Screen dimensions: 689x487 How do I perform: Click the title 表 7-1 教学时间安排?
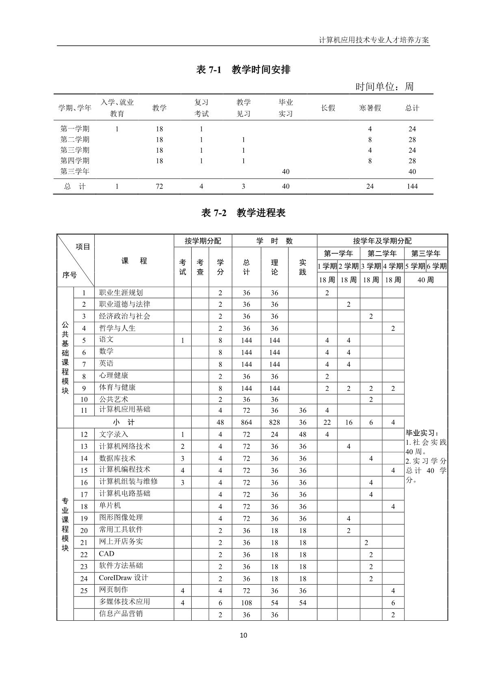243,70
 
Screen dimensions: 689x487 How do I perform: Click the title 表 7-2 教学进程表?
243,213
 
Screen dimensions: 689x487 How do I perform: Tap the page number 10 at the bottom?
243,635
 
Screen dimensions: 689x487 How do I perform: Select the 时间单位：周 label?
384,87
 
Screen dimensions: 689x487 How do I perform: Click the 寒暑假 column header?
370,108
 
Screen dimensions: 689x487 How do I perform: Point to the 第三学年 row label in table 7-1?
75,171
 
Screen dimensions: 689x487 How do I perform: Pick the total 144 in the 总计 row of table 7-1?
412,186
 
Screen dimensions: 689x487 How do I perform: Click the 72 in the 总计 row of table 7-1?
159,186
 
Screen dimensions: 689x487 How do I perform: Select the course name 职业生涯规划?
121,292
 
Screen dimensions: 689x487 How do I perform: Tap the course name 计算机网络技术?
125,446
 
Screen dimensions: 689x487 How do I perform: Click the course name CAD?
107,554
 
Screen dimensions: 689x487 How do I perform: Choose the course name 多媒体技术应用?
125,602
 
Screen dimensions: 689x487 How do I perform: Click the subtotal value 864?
246,422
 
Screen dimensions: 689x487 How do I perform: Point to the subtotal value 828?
275,422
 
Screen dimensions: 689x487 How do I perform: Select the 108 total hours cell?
246,603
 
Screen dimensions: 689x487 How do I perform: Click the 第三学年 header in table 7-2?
426,254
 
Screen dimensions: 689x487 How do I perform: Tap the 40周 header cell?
426,280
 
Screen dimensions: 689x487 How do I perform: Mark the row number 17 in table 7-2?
84,495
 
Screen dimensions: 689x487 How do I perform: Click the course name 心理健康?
114,376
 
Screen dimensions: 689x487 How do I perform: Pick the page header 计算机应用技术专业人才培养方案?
374,40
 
